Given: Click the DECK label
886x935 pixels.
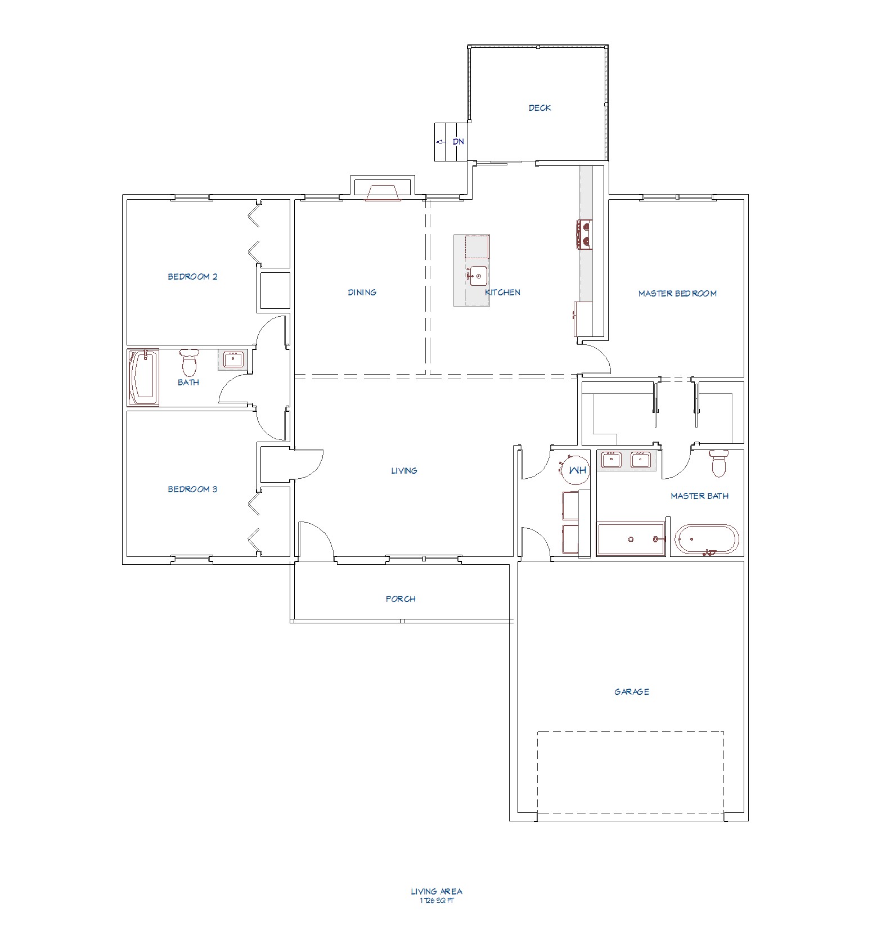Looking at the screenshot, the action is [539, 108].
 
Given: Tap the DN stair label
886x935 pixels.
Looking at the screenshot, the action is [458, 142].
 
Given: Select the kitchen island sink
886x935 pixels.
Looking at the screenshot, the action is [476, 276].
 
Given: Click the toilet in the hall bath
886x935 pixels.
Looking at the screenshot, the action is [189, 363].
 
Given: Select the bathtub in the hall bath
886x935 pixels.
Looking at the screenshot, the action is [143, 377].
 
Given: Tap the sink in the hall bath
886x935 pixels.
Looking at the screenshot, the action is [232, 359].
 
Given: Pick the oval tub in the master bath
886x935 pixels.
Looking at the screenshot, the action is [707, 540].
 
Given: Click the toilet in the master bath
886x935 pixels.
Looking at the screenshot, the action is [719, 463].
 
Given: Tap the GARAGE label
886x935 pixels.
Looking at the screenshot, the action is [632, 692].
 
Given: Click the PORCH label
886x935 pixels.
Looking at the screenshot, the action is [401, 599].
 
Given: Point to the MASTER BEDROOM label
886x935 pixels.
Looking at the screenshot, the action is [677, 294].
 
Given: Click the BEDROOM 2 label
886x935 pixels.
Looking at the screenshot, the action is [192, 277].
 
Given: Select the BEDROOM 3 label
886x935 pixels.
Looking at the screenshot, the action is [192, 489].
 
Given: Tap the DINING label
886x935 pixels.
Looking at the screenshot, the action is [362, 293].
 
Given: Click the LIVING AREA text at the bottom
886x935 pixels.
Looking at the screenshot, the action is [437, 891].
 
